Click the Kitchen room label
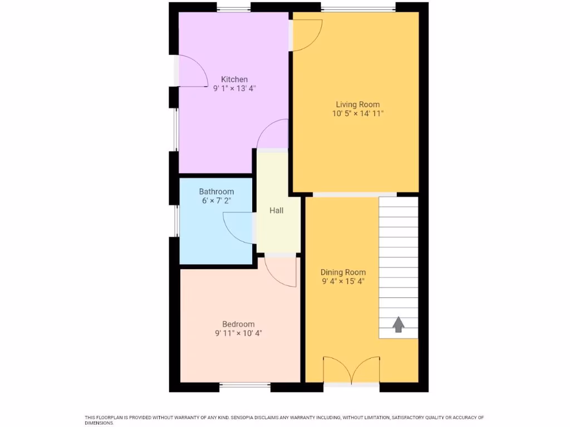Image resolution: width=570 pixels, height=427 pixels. coord(234,79)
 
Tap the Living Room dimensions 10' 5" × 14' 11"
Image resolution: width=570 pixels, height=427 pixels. coord(357,113)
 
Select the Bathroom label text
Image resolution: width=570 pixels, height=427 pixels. coord(217,191)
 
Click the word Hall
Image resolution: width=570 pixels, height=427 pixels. coord(276,210)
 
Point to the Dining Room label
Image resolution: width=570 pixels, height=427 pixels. coord(343,272)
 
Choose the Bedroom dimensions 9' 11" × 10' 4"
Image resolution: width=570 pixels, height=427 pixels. coord(238,334)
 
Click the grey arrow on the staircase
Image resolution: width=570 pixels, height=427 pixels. coord(398,324)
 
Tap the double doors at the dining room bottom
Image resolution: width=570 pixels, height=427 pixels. coord(351,371)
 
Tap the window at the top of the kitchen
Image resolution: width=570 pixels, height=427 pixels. coord(233,8)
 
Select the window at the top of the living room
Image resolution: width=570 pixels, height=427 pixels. coord(357,8)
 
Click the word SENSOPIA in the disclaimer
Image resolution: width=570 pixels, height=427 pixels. coord(254,418)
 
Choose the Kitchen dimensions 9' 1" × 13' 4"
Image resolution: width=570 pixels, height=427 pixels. coord(234,88)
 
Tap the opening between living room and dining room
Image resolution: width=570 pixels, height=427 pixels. coord(355,194)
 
